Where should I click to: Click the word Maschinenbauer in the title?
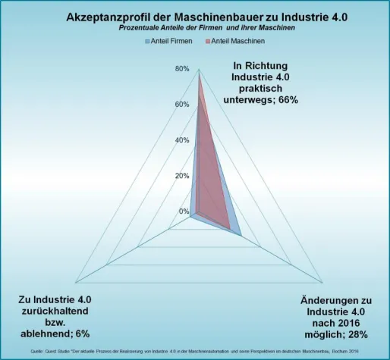[x=206, y=16]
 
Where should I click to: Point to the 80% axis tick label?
[x=182, y=68]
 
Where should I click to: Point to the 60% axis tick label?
[x=182, y=104]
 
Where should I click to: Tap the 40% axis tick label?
[x=182, y=140]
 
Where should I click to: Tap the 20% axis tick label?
[x=182, y=176]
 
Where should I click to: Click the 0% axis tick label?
[x=184, y=211]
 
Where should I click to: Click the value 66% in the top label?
[x=287, y=99]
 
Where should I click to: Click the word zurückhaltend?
[x=55, y=311]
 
